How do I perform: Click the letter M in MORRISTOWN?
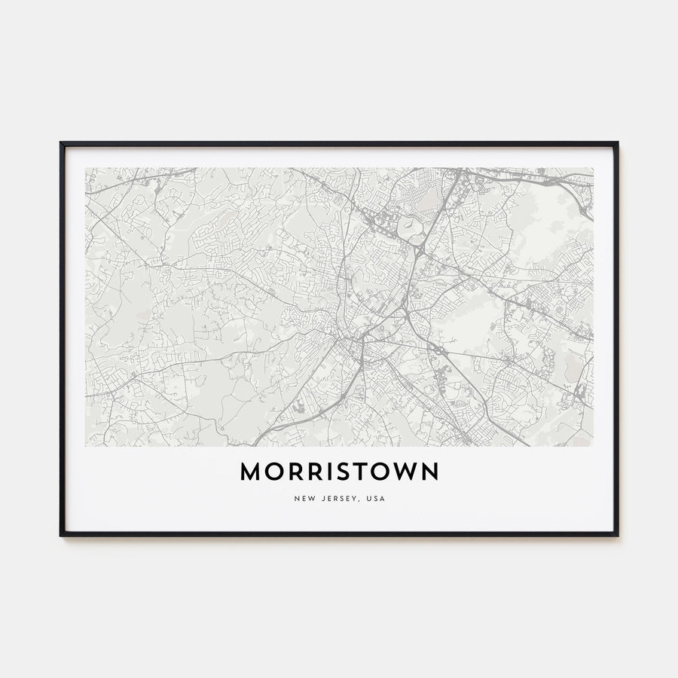click(251, 472)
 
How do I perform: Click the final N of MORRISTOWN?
click(429, 472)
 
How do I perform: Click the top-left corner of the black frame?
click(61, 142)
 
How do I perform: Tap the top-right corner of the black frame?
click(617, 142)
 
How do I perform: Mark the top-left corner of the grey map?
click(85, 168)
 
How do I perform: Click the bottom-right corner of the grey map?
click(593, 446)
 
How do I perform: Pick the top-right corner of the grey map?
click(593, 168)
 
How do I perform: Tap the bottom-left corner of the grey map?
click(85, 446)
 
